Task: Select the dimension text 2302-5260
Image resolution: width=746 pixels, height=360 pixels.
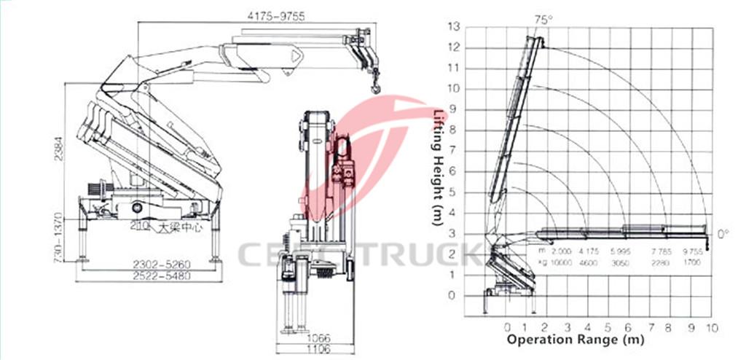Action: (x=151, y=264)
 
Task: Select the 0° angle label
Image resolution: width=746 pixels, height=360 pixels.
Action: (x=723, y=235)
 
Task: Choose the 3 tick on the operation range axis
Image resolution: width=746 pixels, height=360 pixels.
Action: (x=568, y=326)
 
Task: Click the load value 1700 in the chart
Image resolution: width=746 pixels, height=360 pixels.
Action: (x=693, y=261)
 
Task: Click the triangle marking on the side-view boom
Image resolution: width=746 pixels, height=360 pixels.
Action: (x=296, y=55)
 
